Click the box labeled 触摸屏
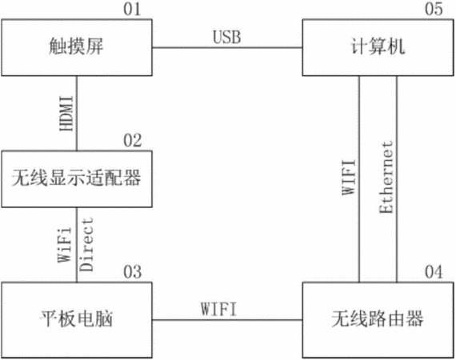click(x=77, y=48)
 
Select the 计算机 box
click(x=378, y=48)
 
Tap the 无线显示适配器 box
click(x=77, y=179)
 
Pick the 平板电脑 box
click(x=77, y=320)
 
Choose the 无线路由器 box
click(x=378, y=320)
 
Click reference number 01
click(x=132, y=9)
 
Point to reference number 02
click(x=132, y=141)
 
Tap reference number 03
click(x=132, y=272)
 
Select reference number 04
click(x=434, y=272)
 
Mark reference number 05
click(x=434, y=9)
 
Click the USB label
click(x=227, y=38)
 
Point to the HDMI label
click(x=66, y=114)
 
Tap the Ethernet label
click(x=386, y=178)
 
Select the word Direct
click(x=86, y=245)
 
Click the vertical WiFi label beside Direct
click(x=64, y=245)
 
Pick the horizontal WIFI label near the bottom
click(x=218, y=309)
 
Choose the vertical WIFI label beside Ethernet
click(x=348, y=178)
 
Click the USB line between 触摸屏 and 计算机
click(x=227, y=47)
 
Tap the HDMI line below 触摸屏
click(x=77, y=114)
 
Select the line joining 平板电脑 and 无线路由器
click(x=227, y=320)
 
